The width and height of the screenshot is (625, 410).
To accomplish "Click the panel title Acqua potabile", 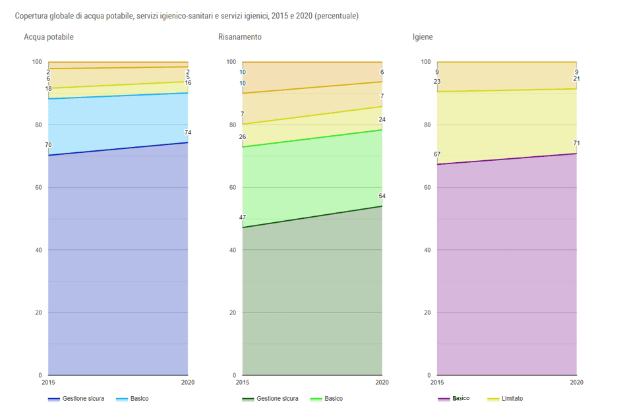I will point(49,37).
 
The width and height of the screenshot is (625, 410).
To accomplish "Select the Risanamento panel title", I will point(240,37).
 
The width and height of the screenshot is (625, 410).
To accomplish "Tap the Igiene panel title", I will point(423,37).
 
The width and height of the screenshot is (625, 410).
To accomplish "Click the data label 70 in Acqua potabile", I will point(48,145).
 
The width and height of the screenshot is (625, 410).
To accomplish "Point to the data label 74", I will point(188,132).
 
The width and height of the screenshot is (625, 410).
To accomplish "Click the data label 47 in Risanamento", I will point(243,218).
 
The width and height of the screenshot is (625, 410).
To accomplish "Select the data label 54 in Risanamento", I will point(382,196).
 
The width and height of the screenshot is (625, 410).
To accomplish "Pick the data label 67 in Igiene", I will point(437,154).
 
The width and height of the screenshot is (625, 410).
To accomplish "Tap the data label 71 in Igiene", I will point(577,143).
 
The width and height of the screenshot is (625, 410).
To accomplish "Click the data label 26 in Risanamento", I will point(243,137).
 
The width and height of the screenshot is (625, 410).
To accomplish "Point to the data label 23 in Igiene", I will point(437,82).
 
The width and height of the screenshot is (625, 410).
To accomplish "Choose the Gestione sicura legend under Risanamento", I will point(277,399).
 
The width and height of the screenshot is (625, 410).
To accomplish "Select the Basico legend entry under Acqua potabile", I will point(139,399).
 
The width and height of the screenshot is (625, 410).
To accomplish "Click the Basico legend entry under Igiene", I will point(460,399).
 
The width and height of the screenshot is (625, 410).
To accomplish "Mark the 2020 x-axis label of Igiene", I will point(576,382).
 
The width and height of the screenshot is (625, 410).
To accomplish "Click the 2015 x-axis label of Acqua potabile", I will point(48,382).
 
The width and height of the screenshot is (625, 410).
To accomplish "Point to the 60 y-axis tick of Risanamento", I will point(231,188).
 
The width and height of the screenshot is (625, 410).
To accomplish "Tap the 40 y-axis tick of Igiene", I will point(425,250).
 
